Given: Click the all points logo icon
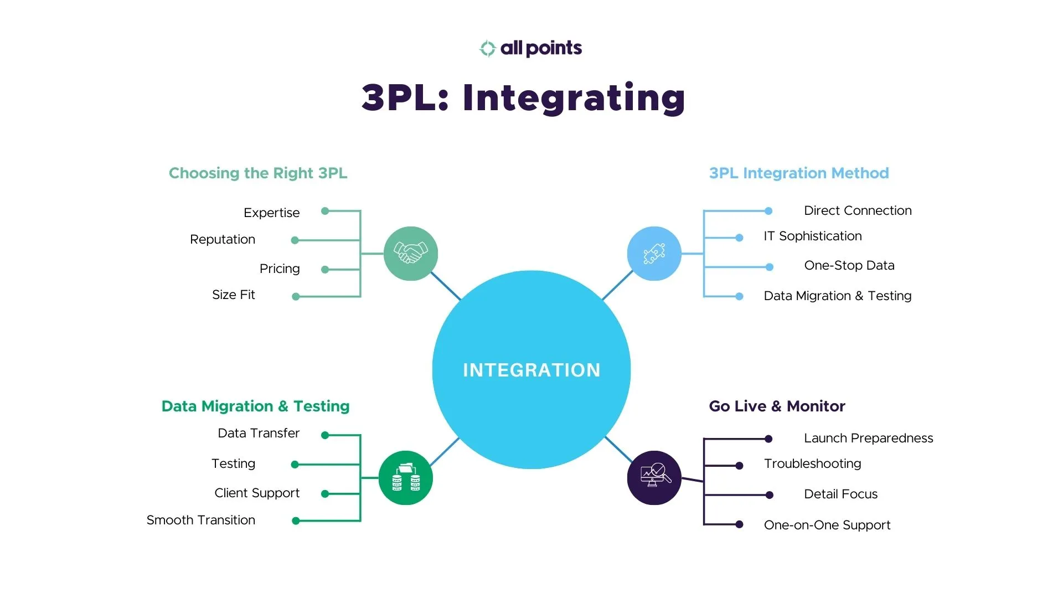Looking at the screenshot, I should click(x=487, y=49).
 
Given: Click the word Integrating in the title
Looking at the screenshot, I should click(x=574, y=98).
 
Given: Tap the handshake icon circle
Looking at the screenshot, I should click(x=410, y=254).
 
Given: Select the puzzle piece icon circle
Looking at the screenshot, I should click(x=654, y=254).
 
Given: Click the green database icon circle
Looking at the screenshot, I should click(x=405, y=478).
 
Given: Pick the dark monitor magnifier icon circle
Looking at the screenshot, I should click(x=654, y=477).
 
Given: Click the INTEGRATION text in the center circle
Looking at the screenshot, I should click(x=531, y=370).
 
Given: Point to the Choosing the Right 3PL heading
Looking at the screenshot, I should click(x=258, y=173).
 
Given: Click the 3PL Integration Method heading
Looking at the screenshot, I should click(x=798, y=173).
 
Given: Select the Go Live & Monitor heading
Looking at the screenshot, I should click(x=776, y=406).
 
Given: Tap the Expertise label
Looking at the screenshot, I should click(x=271, y=213).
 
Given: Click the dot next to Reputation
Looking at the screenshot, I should click(x=295, y=240).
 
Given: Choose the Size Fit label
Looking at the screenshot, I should click(x=233, y=295).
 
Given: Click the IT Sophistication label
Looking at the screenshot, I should click(x=812, y=236).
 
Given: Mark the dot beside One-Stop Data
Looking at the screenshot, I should click(x=769, y=267).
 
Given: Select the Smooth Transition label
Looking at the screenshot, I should click(x=200, y=520).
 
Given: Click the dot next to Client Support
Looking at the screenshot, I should click(x=325, y=494).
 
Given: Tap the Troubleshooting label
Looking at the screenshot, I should click(x=812, y=463).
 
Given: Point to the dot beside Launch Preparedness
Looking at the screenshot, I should click(x=768, y=439).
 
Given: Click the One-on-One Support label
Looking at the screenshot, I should click(x=827, y=525).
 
